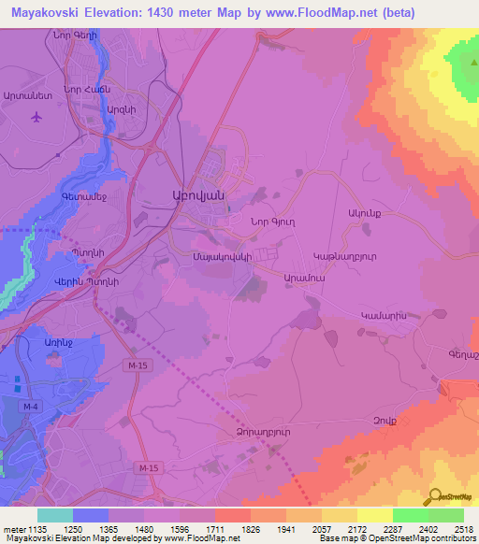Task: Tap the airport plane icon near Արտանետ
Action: (x=36, y=118)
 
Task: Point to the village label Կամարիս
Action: (x=382, y=318)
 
